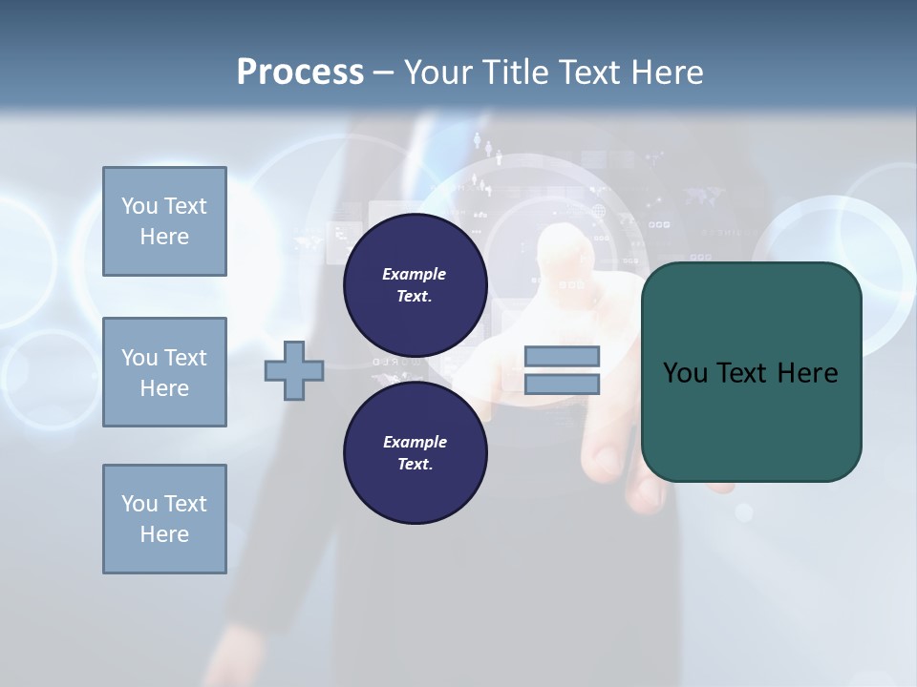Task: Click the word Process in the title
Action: click(x=300, y=73)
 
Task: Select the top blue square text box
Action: click(x=164, y=221)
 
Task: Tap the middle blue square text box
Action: click(x=164, y=372)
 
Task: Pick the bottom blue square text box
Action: click(x=164, y=519)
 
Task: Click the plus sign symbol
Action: click(x=294, y=372)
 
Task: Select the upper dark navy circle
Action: click(x=416, y=285)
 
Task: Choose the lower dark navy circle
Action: click(x=416, y=453)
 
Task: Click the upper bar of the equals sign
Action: click(x=563, y=356)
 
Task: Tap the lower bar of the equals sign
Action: click(x=563, y=385)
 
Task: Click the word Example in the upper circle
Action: click(x=415, y=274)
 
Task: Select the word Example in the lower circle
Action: click(x=415, y=442)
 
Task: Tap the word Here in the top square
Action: click(x=164, y=237)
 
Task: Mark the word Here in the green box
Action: click(x=807, y=373)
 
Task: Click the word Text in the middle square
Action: click(x=185, y=358)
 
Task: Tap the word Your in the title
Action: click(x=438, y=73)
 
